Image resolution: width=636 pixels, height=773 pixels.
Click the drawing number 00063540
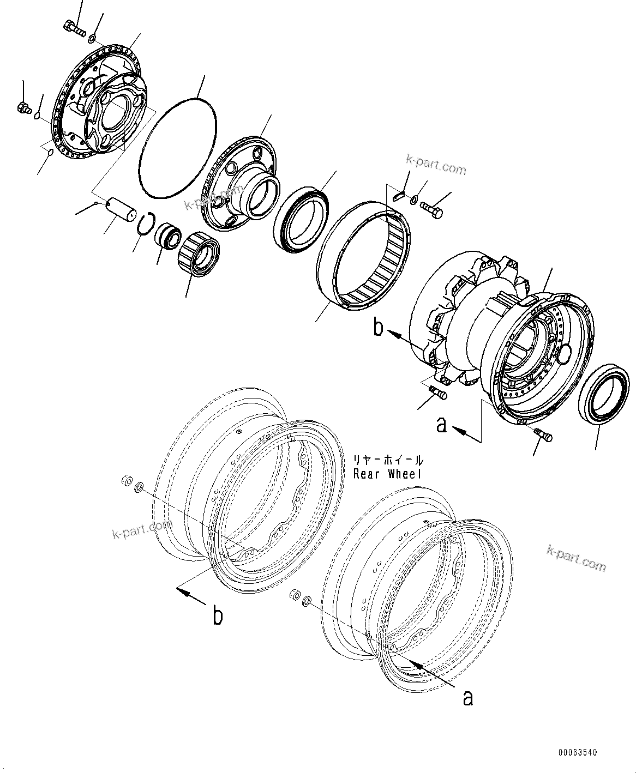click(x=577, y=753)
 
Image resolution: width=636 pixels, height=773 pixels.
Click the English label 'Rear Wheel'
click(x=387, y=474)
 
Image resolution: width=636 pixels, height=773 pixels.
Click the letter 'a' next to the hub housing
click(x=442, y=424)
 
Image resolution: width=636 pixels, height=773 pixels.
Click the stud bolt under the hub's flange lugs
click(x=438, y=391)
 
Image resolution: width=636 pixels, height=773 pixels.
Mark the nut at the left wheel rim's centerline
click(x=125, y=481)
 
